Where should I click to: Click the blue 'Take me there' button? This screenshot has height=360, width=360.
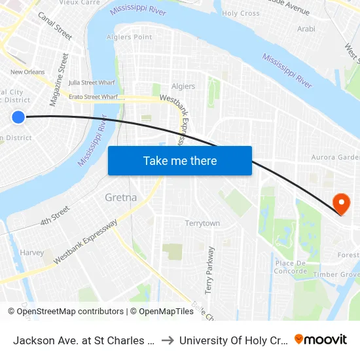(180, 160)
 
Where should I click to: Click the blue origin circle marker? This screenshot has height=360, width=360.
(18, 117)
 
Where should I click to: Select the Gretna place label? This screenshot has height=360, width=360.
(121, 197)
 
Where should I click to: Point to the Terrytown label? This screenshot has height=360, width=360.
(202, 223)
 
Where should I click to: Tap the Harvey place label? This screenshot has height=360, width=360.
(32, 253)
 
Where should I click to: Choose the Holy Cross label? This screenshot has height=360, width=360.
(241, 13)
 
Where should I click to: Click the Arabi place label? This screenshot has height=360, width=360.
(306, 29)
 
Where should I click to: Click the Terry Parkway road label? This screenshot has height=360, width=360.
(209, 269)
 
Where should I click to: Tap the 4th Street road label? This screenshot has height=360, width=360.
(54, 215)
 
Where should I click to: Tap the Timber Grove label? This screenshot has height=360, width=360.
(336, 275)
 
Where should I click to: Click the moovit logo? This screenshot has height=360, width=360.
(321, 339)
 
